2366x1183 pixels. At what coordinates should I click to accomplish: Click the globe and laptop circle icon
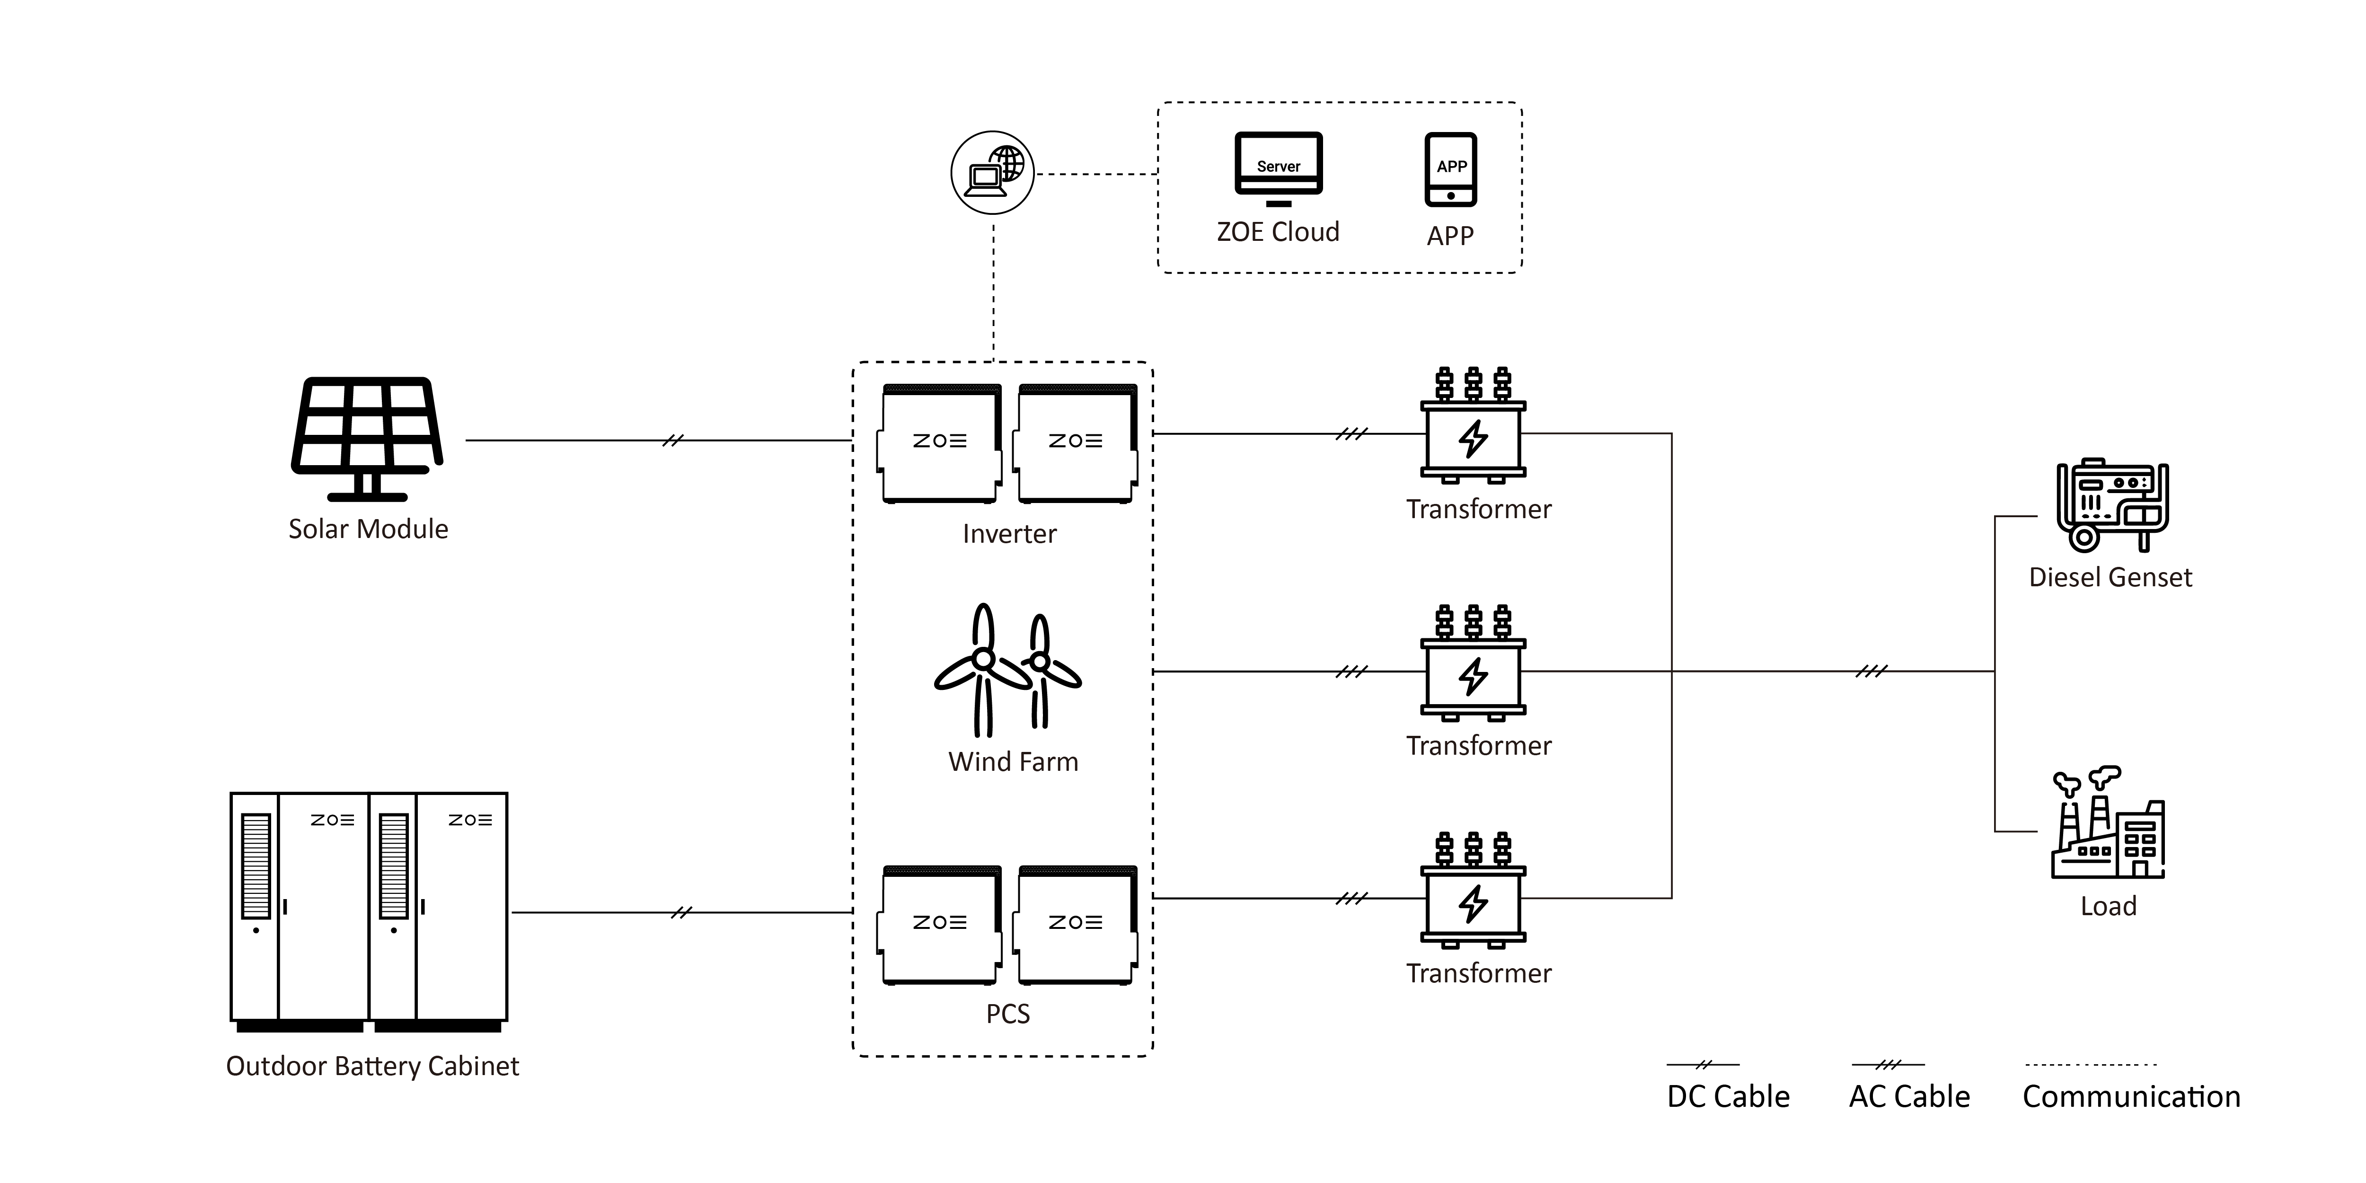[x=992, y=173]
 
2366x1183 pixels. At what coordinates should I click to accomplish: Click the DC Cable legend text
[x=1729, y=1097]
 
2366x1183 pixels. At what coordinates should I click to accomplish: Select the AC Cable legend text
[x=1909, y=1097]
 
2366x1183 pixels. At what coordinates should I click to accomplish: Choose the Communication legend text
[x=2132, y=1097]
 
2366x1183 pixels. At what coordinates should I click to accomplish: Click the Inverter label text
[x=1009, y=534]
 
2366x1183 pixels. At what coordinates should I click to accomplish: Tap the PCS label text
[x=1007, y=1014]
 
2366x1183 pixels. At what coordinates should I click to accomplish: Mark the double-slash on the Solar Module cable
[x=673, y=441]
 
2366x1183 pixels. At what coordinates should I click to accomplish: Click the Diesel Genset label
[x=2110, y=578]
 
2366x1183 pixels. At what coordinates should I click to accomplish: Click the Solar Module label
[x=368, y=529]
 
